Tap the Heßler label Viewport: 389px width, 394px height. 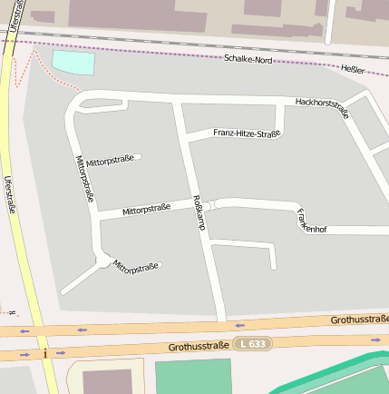coord(353,70)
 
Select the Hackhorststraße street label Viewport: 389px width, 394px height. coord(322,107)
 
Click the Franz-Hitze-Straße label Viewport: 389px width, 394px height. coord(247,133)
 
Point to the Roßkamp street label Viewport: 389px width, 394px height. coord(198,212)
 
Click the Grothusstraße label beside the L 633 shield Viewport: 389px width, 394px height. coord(199,346)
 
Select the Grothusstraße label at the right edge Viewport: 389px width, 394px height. coord(360,319)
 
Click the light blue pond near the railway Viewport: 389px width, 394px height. coord(73,63)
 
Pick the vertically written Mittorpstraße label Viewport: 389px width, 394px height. coord(86,177)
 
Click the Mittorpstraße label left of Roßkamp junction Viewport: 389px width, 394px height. coord(146,209)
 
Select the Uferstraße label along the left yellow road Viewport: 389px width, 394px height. coord(10,193)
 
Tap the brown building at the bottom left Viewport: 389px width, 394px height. coord(107,382)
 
